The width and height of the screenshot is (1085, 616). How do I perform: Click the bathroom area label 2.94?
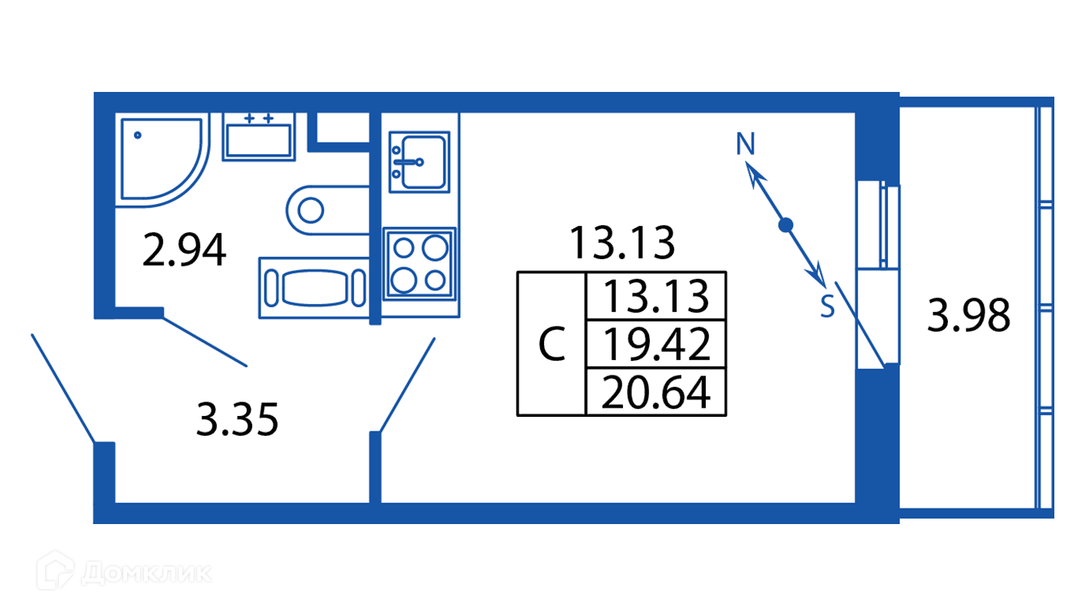point(185,251)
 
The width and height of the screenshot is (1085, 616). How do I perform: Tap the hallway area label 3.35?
point(237,421)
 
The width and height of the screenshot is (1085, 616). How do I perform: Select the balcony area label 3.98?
point(969,316)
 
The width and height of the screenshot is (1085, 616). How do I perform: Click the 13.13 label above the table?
point(621,243)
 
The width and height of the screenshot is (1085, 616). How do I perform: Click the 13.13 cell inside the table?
point(654,297)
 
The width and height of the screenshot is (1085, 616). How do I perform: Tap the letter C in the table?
point(552,346)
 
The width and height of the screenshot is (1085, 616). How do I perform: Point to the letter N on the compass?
point(746,143)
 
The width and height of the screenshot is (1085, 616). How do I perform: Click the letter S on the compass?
point(827,307)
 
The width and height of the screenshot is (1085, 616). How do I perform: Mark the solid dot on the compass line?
point(785,225)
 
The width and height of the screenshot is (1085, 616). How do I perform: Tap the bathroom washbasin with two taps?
point(258,137)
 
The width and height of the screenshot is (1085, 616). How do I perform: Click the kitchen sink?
point(418,162)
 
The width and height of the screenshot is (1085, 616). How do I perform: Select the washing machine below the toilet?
point(313,288)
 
